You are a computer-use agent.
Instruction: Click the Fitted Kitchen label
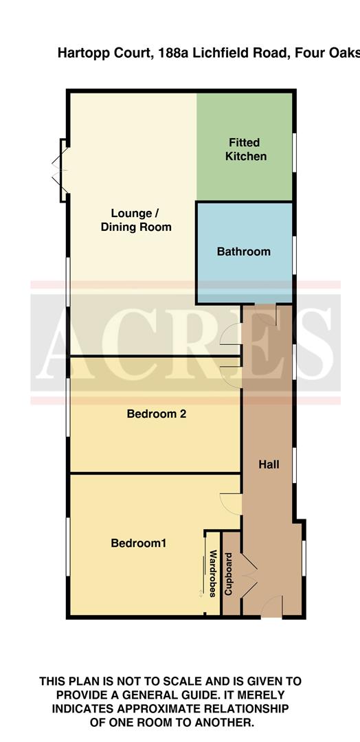[244, 149]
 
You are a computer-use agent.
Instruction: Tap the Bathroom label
[244, 251]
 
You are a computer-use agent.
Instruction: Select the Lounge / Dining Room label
[136, 220]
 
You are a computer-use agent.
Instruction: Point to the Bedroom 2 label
[157, 414]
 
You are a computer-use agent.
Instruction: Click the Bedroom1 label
[139, 543]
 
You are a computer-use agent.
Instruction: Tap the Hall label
[269, 464]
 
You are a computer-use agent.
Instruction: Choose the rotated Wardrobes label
[213, 573]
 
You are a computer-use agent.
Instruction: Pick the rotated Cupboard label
[230, 573]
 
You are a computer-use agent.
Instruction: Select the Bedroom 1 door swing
[229, 502]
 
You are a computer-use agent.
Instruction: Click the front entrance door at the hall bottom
[272, 606]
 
